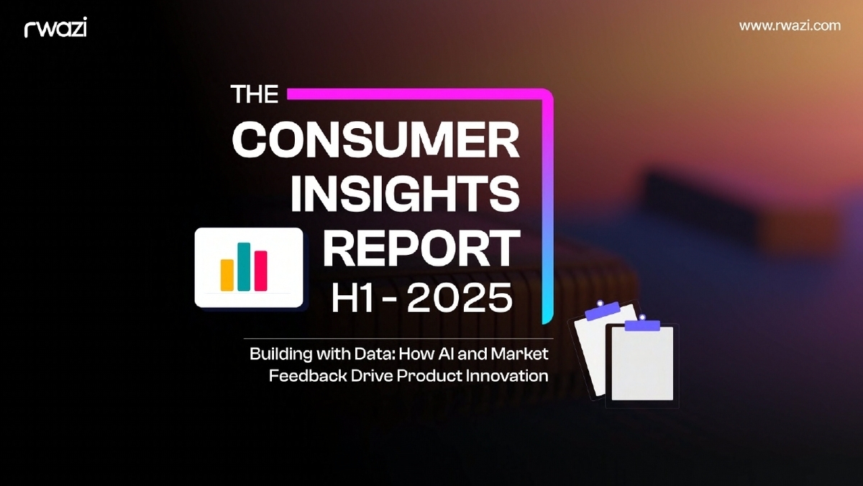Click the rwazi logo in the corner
pyautogui.click(x=55, y=28)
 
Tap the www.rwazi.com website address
pyautogui.click(x=789, y=25)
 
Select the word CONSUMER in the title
pyautogui.click(x=375, y=140)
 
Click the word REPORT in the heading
pyautogui.click(x=421, y=248)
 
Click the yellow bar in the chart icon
pyautogui.click(x=227, y=276)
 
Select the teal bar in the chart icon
pyautogui.click(x=244, y=267)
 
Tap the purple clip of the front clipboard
pyautogui.click(x=642, y=325)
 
